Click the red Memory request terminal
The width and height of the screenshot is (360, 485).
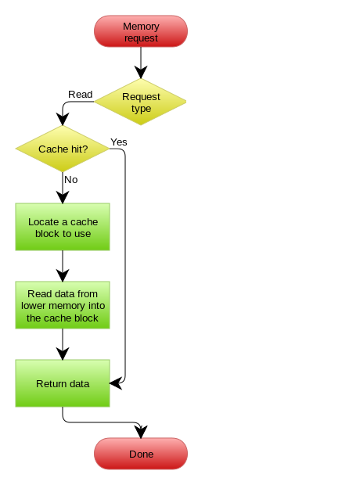141,31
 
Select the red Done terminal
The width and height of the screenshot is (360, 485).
141,454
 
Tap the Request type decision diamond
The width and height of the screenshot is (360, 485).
140,102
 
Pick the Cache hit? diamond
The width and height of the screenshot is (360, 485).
63,149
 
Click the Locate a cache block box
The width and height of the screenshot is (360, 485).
63,227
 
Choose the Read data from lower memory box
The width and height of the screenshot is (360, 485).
63,305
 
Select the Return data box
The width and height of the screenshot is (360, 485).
63,383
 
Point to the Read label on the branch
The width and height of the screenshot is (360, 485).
80,95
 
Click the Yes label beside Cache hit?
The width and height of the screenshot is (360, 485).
119,142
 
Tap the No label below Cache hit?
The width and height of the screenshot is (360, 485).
71,180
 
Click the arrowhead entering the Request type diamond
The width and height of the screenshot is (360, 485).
141,72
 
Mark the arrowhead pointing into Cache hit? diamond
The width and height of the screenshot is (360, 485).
63,120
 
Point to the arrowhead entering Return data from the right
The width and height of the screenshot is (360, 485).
116,383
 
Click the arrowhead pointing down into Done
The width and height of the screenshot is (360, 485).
141,432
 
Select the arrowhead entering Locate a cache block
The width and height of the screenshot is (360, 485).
63,197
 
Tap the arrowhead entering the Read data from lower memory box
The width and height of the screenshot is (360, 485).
63,275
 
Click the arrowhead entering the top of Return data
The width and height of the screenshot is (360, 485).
63,354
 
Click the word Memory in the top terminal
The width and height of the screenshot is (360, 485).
141,27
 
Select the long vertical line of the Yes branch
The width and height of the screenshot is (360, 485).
125,266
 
